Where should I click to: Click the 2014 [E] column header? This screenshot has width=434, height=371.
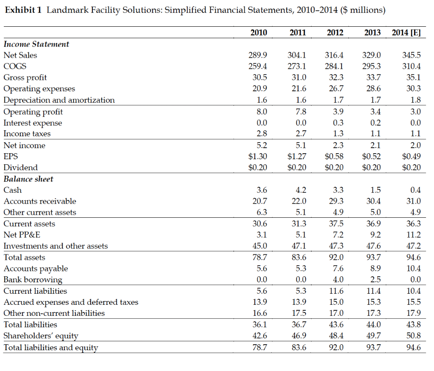tap(406, 33)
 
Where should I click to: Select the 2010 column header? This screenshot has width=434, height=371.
tap(259, 33)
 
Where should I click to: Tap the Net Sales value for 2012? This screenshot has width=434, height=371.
tap(334, 55)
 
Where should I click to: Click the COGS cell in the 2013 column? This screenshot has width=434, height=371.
tap(371, 66)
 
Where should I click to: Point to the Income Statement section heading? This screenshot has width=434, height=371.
tap(36, 44)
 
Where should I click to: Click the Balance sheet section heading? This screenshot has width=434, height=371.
tap(28, 179)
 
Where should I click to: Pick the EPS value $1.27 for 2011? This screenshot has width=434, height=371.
tap(297, 156)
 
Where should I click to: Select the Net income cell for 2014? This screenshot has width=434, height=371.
tap(415, 145)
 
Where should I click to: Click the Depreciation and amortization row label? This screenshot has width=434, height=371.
tap(59, 100)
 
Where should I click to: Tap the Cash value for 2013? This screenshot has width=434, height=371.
tap(376, 190)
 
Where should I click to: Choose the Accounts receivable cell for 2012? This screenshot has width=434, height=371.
tap(336, 201)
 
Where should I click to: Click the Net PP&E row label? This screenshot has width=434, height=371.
tap(22, 235)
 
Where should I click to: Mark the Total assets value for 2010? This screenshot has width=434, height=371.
tap(260, 257)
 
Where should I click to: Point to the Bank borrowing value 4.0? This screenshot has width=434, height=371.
tap(338, 279)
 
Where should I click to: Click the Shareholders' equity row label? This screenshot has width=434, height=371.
tap(41, 336)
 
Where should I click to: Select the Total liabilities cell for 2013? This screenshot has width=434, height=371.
tap(373, 324)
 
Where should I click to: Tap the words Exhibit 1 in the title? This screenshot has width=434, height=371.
tap(23, 10)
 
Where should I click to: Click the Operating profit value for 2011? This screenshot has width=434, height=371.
tap(301, 112)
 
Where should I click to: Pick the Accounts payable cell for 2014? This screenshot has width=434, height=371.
tap(414, 268)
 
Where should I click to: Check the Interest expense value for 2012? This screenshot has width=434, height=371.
tap(338, 123)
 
